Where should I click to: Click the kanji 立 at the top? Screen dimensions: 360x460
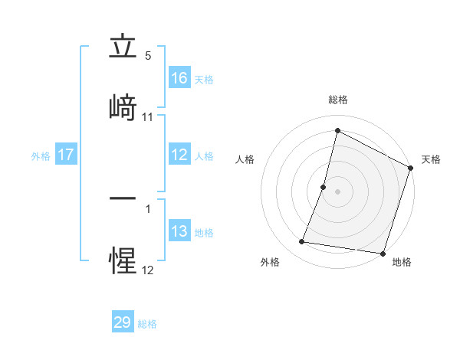click(123, 48)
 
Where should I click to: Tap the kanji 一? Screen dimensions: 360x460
click(123, 199)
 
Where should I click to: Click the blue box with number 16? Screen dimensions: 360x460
click(179, 77)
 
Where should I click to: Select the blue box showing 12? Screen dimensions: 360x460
click(179, 155)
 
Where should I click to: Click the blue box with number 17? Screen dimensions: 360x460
click(66, 155)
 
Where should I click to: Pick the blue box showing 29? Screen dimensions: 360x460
click(123, 322)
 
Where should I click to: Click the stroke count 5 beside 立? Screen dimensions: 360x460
click(148, 56)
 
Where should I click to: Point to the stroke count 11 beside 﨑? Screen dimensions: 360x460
click(148, 117)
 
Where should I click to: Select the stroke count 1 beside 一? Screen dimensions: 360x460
click(148, 208)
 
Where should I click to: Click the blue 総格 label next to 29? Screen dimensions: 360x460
click(148, 324)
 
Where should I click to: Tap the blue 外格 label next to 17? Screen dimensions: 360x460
click(41, 155)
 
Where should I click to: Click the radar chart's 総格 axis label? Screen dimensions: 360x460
click(338, 100)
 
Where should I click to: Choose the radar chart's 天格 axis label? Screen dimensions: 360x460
click(431, 159)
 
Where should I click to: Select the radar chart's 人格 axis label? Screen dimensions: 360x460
click(245, 159)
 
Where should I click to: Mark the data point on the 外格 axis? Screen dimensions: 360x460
click(302, 242)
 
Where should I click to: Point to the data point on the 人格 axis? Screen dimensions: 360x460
click(324, 187)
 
